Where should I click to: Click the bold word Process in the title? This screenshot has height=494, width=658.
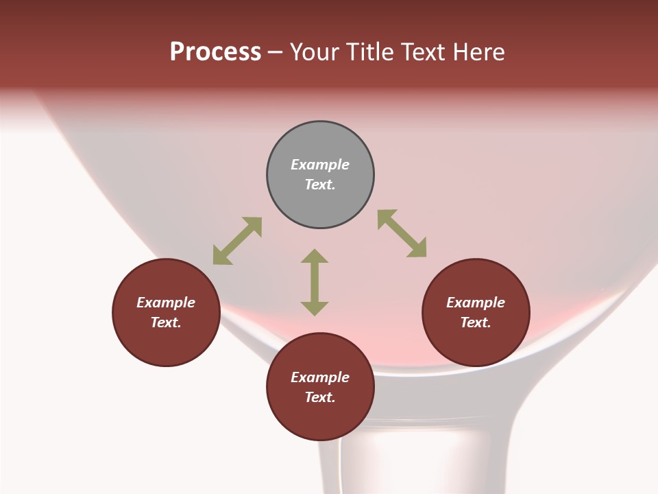215,52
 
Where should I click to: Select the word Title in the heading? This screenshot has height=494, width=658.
368,52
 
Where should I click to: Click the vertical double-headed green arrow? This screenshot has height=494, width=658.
315,282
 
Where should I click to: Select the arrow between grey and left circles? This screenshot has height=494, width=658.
237,241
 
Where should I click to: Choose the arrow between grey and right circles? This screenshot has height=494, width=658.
402,234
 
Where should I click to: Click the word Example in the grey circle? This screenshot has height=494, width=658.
320,165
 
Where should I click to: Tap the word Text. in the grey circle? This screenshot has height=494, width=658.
320,185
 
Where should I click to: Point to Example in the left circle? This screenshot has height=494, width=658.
166,303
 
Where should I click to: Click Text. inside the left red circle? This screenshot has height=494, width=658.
166,322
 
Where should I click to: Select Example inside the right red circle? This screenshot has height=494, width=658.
476,303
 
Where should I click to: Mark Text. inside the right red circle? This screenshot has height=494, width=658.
476,322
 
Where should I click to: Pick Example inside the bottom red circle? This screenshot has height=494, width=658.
320,377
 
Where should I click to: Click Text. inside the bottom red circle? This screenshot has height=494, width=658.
320,397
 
